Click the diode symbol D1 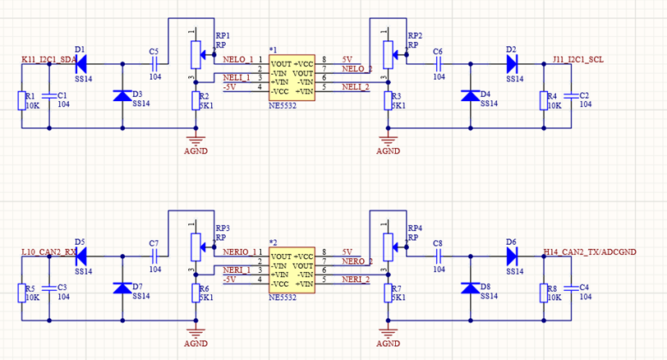point(80,64)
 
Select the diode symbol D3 point(122,95)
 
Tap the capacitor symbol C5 point(154,64)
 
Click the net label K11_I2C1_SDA point(49,59)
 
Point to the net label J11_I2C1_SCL point(578,59)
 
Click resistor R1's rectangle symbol point(21,100)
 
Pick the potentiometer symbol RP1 point(195,54)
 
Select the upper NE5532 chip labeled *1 point(292,77)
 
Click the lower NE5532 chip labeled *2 point(292,270)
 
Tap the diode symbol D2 point(513,64)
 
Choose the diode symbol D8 point(471,288)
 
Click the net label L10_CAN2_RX point(48,252)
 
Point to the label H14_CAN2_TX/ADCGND point(590,252)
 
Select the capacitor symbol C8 point(438,256)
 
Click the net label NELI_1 point(237,78)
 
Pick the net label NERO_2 point(357,261)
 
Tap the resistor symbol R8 point(544,293)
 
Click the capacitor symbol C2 point(571,96)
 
